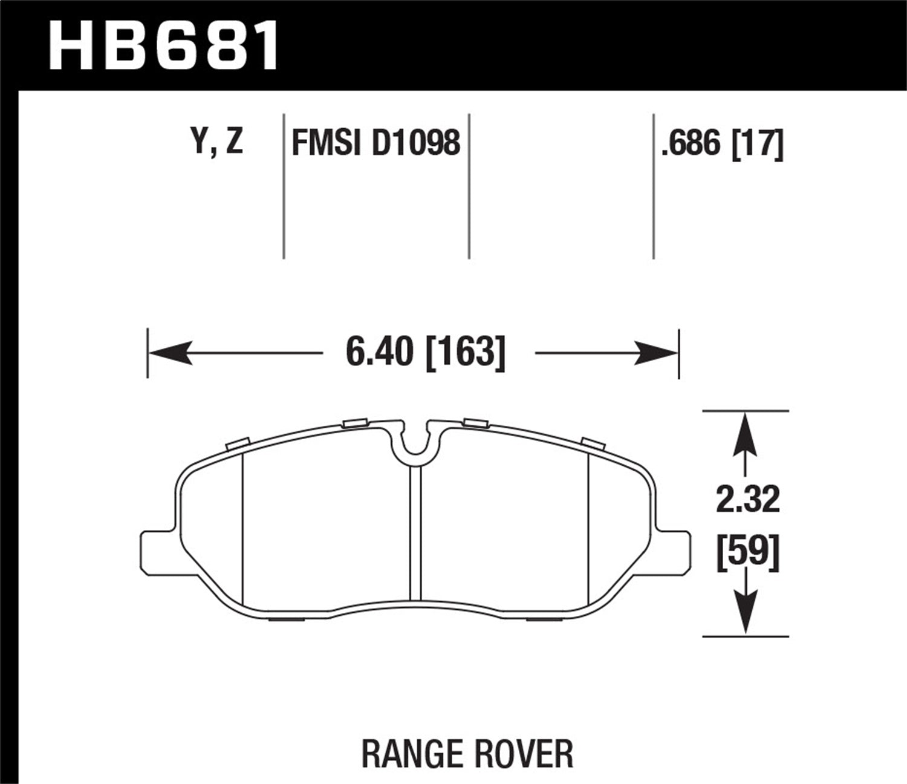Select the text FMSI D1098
point(375,144)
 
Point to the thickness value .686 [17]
point(723,144)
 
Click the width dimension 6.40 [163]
point(424,352)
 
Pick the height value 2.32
point(747,500)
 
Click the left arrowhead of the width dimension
point(169,352)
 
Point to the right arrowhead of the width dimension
point(657,352)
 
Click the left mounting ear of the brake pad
point(158,552)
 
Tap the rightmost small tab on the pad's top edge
point(593,442)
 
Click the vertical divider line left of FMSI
point(284,186)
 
